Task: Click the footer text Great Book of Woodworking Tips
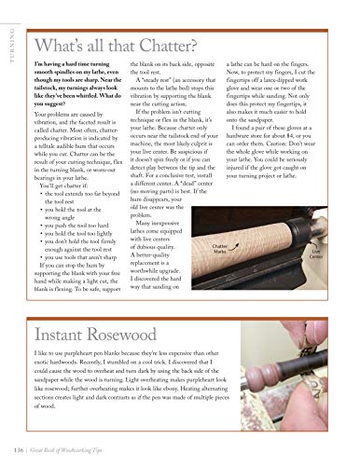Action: (x=93, y=452)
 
